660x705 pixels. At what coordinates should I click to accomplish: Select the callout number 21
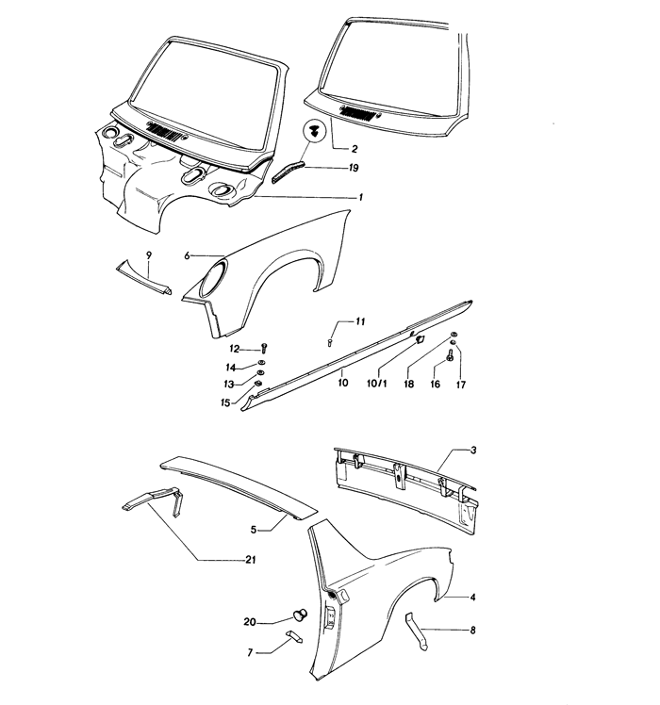[x=251, y=560]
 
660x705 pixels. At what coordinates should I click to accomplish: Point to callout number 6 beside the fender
[x=188, y=255]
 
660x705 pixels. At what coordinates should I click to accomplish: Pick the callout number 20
[x=248, y=621]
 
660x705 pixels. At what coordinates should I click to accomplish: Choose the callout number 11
[x=360, y=323]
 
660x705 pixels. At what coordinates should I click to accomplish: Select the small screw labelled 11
[x=332, y=343]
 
